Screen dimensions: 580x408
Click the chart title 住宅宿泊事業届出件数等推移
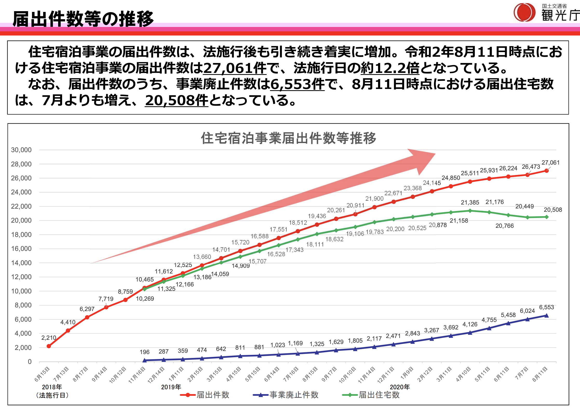tap(288, 138)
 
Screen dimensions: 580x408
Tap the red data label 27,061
tap(550, 163)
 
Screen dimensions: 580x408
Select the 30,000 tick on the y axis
tap(21, 150)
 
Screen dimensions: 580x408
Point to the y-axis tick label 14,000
tap(21, 263)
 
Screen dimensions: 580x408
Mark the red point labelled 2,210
tap(49, 346)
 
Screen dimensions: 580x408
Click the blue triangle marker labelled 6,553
tap(547, 315)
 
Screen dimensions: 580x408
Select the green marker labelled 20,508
tap(547, 217)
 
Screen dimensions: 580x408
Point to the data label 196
tap(145, 352)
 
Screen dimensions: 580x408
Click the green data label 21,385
tap(470, 202)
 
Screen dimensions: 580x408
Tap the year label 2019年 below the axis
tap(171, 387)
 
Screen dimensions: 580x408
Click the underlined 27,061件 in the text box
tap(235, 68)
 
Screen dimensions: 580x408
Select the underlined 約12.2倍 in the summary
tap(390, 68)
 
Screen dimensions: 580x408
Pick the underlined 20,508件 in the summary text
tap(177, 100)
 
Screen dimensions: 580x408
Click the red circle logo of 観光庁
tap(524, 12)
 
